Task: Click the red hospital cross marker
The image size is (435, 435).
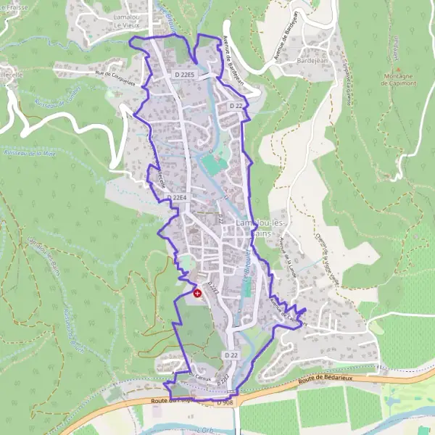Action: point(197,293)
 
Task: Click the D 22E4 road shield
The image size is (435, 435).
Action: point(177,197)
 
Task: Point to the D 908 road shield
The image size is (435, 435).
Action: point(225,402)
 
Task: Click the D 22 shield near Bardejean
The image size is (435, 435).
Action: point(235,106)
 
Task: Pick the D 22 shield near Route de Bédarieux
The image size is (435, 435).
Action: point(231,355)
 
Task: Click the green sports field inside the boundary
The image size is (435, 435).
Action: point(213,163)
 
